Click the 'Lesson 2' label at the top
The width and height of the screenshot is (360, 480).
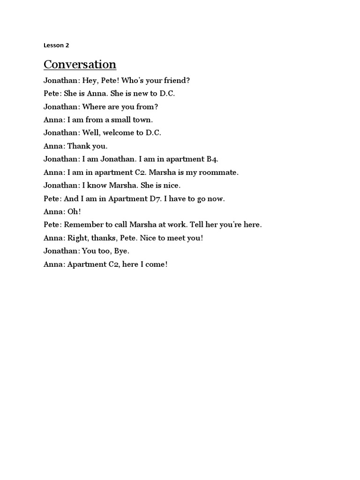[56, 45]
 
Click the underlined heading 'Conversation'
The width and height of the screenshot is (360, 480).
[80, 64]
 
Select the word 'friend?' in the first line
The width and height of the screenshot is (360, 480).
[177, 80]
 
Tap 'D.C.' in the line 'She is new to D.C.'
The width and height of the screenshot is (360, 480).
[167, 93]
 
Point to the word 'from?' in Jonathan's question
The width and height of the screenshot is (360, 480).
[148, 106]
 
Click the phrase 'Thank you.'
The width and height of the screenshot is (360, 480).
[88, 146]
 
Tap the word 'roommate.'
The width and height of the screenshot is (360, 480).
[219, 172]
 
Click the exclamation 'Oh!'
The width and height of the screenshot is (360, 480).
[74, 211]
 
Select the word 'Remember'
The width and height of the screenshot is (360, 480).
[83, 225]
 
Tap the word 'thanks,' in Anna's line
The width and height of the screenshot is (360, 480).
[102, 238]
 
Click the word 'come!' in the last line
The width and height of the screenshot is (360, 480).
[156, 264]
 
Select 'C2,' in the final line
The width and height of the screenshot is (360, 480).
[115, 264]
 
